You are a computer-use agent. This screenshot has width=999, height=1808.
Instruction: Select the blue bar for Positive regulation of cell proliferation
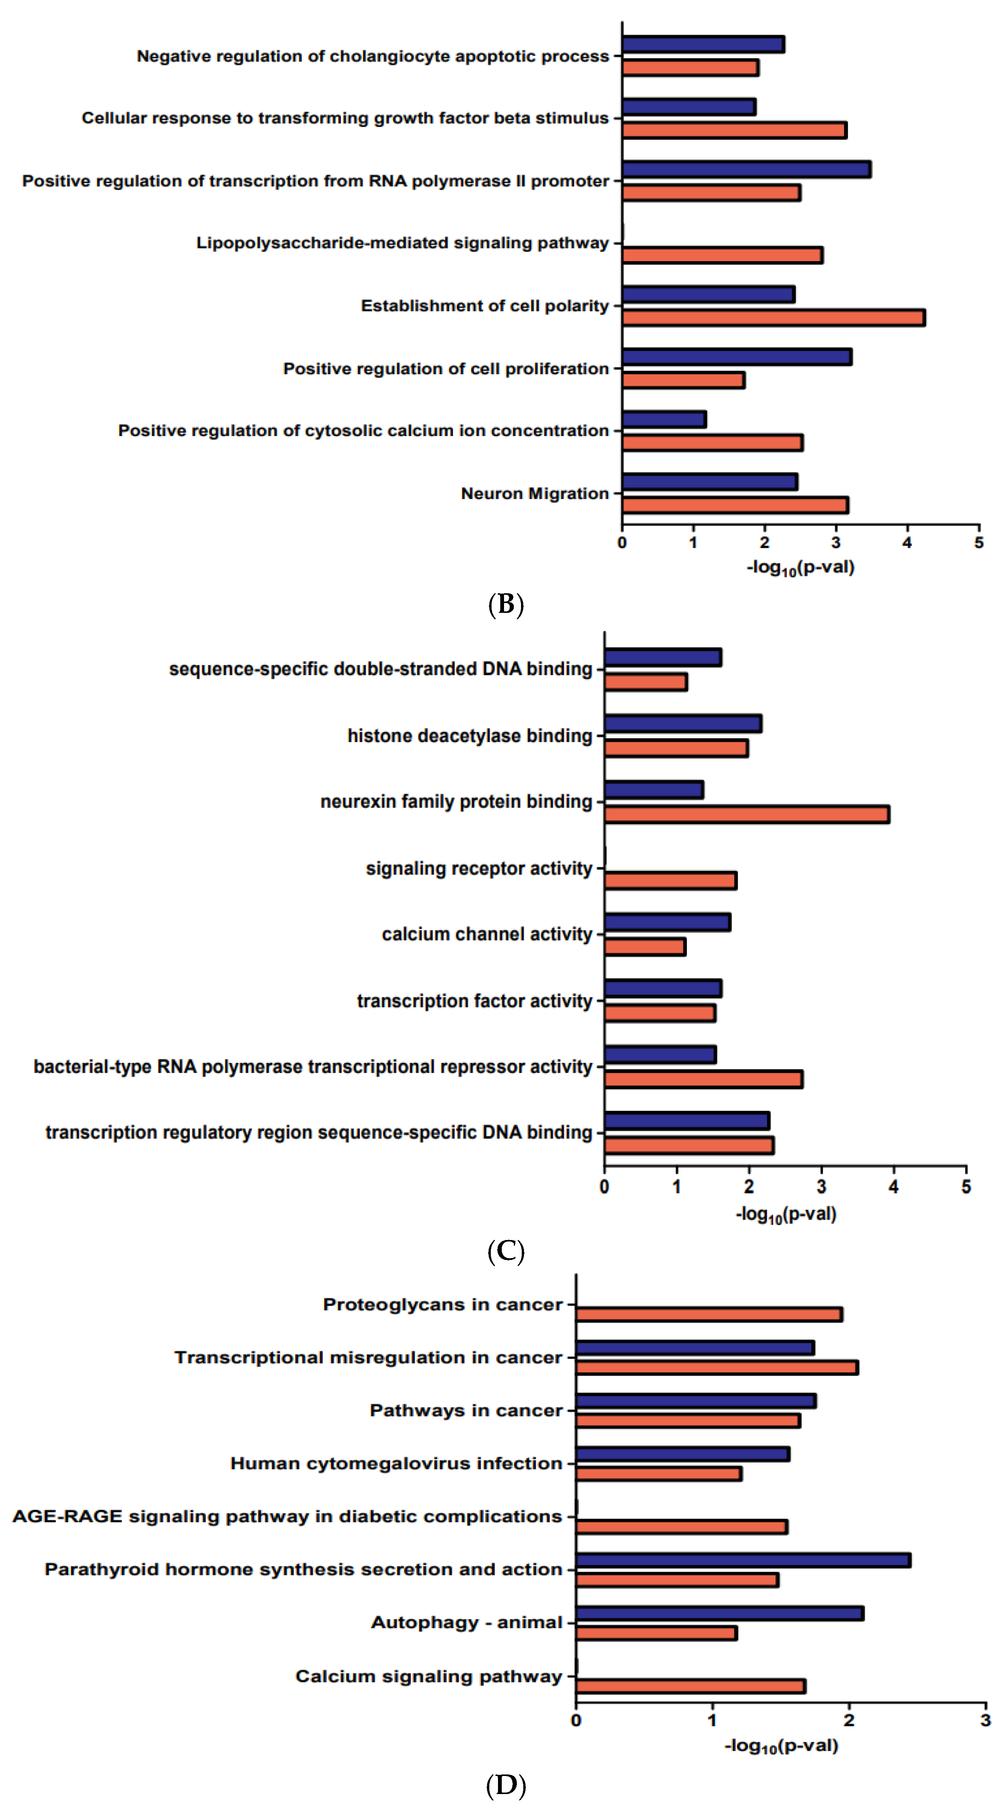[737, 357]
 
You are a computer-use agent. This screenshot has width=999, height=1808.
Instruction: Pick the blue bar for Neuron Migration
[709, 481]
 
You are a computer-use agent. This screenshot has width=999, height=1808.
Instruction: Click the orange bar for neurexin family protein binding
[746, 814]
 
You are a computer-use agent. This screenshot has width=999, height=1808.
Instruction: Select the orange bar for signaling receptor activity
[670, 881]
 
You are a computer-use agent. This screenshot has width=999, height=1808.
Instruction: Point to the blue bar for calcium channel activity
[667, 922]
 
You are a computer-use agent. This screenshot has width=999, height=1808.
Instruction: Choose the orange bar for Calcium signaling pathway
[690, 1686]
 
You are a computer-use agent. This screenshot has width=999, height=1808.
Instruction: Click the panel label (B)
[506, 604]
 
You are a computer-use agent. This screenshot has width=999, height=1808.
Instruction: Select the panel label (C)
[506, 1251]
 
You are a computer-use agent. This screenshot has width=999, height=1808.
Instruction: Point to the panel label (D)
[506, 1785]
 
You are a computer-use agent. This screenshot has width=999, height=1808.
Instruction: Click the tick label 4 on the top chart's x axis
[907, 542]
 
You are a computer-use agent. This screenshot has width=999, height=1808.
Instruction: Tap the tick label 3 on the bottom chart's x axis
[985, 1720]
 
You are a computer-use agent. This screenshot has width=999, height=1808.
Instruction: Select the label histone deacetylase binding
[470, 736]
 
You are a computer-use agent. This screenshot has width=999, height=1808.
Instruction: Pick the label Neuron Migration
[534, 493]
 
